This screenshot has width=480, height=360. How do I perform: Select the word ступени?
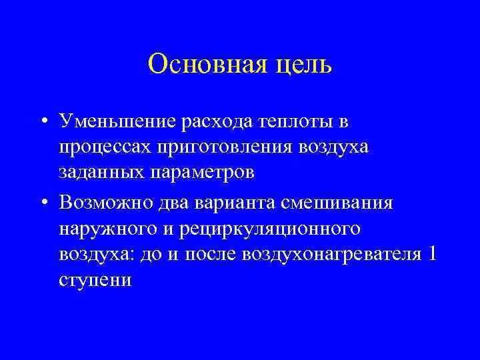[x=95, y=279]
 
